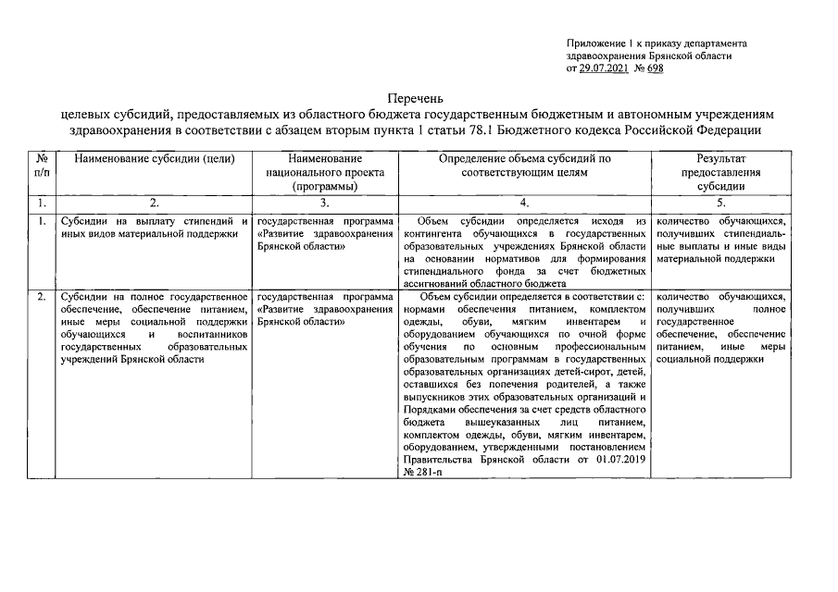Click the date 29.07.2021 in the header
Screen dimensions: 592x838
pyautogui.click(x=607, y=68)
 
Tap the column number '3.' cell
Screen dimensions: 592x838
pyautogui.click(x=324, y=202)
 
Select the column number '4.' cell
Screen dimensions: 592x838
pyautogui.click(x=525, y=202)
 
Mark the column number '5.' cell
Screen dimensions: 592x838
pyautogui.click(x=719, y=202)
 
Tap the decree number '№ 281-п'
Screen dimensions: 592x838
pyautogui.click(x=425, y=472)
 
